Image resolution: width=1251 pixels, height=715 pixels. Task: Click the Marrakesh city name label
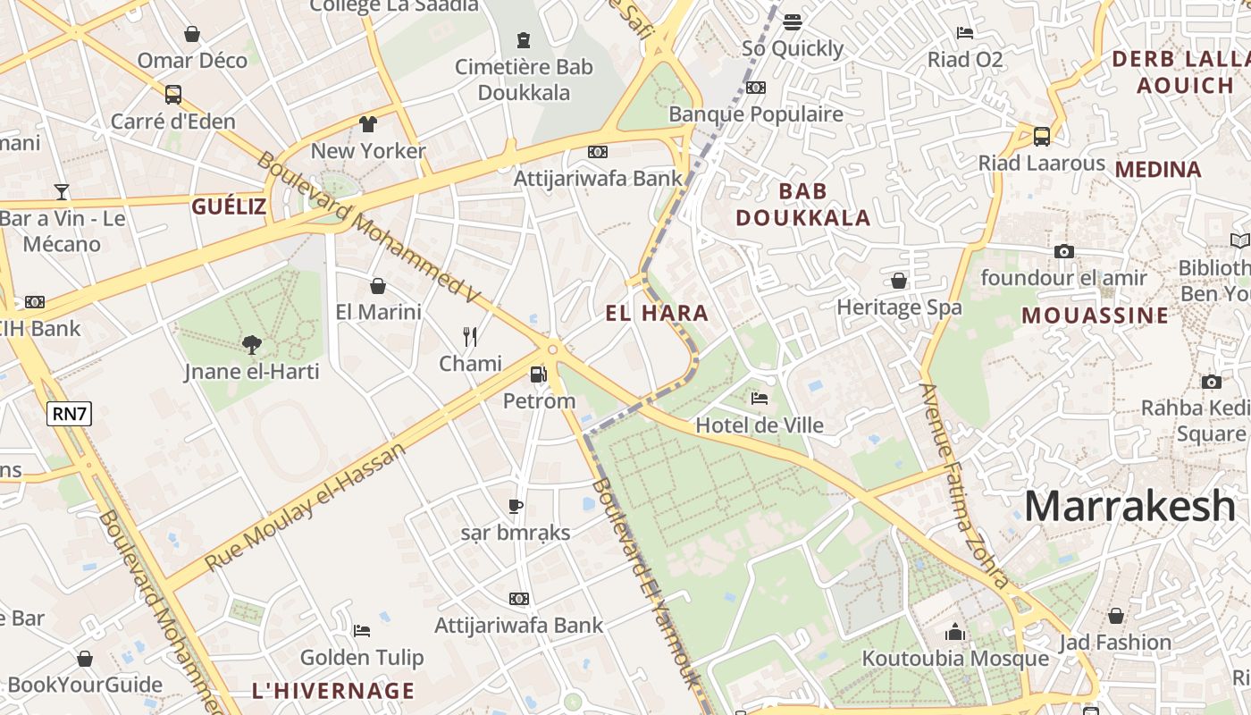click(x=1129, y=506)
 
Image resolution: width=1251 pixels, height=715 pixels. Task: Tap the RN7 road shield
click(x=71, y=413)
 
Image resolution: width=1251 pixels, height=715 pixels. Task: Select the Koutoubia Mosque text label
click(x=954, y=659)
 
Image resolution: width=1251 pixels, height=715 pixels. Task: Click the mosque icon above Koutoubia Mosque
click(x=955, y=633)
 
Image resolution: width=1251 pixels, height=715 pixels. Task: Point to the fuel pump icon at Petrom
click(x=538, y=374)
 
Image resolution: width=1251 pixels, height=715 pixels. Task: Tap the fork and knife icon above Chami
click(x=470, y=337)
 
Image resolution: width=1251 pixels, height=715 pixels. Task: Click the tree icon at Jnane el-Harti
click(x=252, y=344)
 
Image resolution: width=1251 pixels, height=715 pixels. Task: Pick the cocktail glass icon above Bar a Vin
click(x=62, y=191)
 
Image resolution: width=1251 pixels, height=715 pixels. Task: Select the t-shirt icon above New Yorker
click(x=368, y=123)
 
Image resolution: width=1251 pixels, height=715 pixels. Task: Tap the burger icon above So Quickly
click(x=793, y=21)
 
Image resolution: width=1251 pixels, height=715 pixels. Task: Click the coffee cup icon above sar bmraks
click(x=516, y=506)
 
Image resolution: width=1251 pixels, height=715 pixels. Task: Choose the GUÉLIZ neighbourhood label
click(x=229, y=207)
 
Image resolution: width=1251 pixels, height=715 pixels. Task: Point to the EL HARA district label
click(x=657, y=313)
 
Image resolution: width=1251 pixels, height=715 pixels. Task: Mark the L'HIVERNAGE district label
click(x=333, y=691)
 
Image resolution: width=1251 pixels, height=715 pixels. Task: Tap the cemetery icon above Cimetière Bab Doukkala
click(x=524, y=40)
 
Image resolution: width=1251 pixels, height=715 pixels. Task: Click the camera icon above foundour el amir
click(x=1063, y=252)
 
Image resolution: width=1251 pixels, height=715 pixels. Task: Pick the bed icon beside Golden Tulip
click(x=362, y=631)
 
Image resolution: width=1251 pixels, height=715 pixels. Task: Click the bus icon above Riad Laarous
click(x=1042, y=137)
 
